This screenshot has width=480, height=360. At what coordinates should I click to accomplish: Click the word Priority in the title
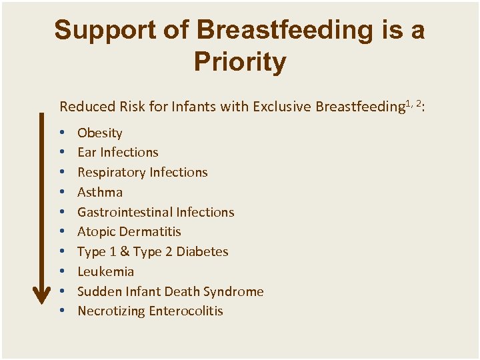pyautogui.click(x=240, y=62)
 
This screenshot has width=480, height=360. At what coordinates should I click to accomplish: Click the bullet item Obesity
pyautogui.click(x=100, y=133)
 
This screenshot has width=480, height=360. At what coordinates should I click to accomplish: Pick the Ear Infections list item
pyautogui.click(x=118, y=152)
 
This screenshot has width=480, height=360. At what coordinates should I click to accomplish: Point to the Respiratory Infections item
pyautogui.click(x=143, y=172)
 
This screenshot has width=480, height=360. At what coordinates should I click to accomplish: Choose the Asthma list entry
pyautogui.click(x=100, y=192)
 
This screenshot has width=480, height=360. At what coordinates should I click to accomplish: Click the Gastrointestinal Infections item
pyautogui.click(x=156, y=212)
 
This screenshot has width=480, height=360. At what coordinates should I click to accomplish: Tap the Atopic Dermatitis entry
pyautogui.click(x=129, y=231)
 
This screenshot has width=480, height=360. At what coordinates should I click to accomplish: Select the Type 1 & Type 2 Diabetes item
pyautogui.click(x=153, y=251)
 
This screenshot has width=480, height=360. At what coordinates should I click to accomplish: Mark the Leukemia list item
pyautogui.click(x=106, y=271)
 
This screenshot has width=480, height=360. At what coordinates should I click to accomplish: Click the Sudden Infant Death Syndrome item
pyautogui.click(x=171, y=291)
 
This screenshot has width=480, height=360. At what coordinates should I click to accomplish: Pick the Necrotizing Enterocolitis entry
pyautogui.click(x=150, y=311)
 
